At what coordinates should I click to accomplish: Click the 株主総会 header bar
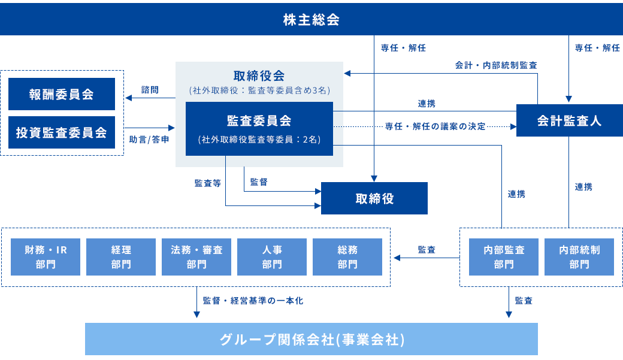(311, 20)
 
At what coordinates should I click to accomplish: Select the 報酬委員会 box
(62, 94)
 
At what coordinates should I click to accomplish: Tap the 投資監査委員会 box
(62, 132)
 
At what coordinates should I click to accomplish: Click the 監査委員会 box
(259, 129)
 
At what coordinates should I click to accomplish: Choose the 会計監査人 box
(568, 121)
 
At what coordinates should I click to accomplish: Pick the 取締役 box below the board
(374, 198)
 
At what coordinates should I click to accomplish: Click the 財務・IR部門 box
(46, 257)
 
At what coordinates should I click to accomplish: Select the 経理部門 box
(121, 257)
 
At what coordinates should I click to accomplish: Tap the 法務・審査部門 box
(196, 257)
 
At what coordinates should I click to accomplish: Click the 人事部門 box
(272, 257)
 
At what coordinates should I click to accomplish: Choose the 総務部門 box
(347, 257)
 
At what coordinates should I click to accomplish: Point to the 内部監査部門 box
(504, 257)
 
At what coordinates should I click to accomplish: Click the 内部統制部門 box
(579, 257)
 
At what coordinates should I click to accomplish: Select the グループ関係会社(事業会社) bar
(311, 340)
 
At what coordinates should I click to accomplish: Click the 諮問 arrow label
(150, 90)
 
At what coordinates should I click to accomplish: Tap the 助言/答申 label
(149, 139)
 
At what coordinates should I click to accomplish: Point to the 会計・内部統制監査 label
(496, 65)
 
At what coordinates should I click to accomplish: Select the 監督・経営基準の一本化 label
(253, 301)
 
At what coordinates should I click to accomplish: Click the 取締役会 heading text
(259, 76)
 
